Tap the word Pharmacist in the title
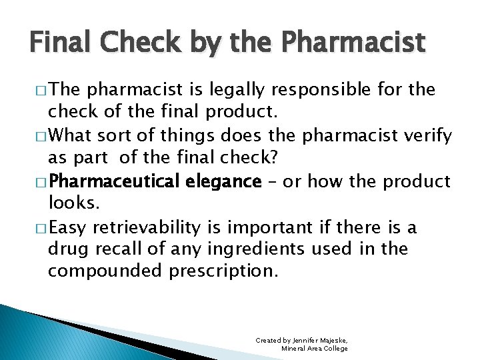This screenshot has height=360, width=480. point(354,43)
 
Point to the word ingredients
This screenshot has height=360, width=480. point(258,249)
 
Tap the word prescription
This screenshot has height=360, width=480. point(222,271)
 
